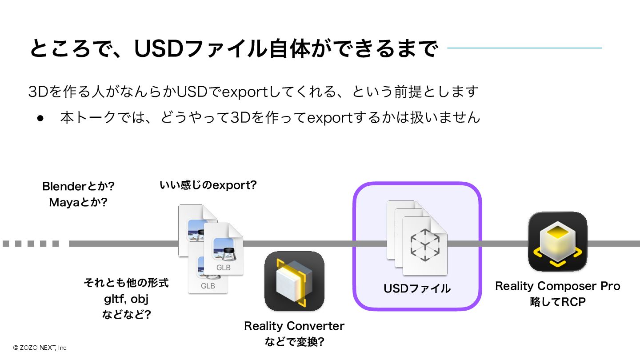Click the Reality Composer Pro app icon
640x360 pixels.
(557, 241)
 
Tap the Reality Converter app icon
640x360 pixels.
(294, 281)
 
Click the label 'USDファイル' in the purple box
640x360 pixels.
(417, 288)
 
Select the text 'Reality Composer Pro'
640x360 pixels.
(557, 286)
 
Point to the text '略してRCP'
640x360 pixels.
(557, 302)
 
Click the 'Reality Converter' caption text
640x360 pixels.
(294, 326)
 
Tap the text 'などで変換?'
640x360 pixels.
(294, 342)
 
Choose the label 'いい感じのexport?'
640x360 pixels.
(208, 185)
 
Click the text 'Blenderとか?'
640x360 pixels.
(78, 186)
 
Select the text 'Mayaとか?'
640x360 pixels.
(78, 203)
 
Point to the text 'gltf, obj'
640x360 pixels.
(126, 299)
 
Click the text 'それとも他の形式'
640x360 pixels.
(126, 283)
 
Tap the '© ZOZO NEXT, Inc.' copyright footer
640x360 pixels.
(40, 348)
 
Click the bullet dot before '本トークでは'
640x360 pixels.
(40, 118)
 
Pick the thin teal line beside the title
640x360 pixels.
(524, 48)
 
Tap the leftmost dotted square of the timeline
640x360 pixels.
(6, 244)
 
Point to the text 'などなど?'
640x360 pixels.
(126, 315)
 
